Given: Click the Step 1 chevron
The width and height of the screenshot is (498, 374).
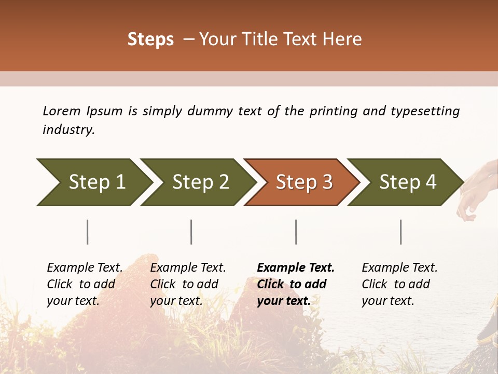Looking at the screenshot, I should coord(93,182).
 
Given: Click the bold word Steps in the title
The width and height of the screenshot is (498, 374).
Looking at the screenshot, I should coord(150,39).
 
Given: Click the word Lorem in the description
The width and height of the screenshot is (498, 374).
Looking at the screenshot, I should coord(62,111).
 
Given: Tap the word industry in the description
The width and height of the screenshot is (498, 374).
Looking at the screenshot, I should coord(68,130).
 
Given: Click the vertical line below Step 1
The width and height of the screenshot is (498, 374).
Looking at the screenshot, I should coord(88,232).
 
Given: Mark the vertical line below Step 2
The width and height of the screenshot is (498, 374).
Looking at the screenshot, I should coord(191,232).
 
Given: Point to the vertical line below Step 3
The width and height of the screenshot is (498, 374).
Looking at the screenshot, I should coord(296,232).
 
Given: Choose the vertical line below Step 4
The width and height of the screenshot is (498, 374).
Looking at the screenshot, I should coord(401,232).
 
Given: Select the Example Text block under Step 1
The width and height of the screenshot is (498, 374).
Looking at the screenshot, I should coord(85,284).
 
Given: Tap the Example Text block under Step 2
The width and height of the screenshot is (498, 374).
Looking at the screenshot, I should coord(188,284).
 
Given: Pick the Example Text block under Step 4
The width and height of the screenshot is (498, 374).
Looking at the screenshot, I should coord(399,284).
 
